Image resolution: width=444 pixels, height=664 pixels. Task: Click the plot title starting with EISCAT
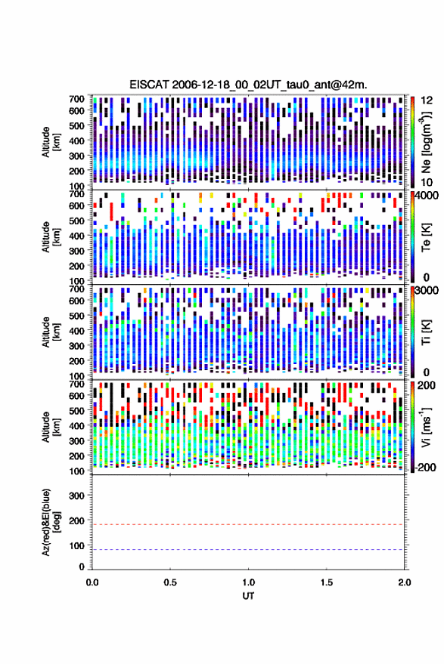click(x=248, y=85)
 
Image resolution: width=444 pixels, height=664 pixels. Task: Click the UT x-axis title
click(x=249, y=596)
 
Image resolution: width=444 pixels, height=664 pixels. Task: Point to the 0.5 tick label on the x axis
click(x=170, y=582)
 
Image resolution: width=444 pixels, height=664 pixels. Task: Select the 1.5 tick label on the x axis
click(x=327, y=582)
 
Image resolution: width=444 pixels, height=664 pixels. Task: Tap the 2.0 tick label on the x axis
click(x=405, y=582)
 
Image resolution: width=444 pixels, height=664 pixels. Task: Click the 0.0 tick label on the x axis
click(x=92, y=582)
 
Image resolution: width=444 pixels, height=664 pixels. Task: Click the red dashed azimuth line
click(x=249, y=525)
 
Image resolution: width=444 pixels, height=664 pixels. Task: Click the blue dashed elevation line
click(x=249, y=550)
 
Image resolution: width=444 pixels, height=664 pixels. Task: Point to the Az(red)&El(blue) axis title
click(x=51, y=522)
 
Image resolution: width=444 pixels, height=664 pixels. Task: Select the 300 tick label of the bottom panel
click(x=76, y=496)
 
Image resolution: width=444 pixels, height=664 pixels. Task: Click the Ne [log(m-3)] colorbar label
click(x=427, y=142)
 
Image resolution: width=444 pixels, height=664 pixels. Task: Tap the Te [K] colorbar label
click(x=426, y=237)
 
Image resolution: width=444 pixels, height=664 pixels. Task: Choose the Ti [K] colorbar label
click(x=426, y=332)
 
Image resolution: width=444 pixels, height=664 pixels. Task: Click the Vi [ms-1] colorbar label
click(x=426, y=427)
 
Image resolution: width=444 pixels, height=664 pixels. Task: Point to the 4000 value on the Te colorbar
click(x=427, y=196)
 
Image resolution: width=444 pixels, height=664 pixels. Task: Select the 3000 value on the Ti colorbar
click(x=427, y=291)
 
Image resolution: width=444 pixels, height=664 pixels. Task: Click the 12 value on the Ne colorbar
click(x=427, y=100)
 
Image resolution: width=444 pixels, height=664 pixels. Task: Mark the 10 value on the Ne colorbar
click(x=427, y=183)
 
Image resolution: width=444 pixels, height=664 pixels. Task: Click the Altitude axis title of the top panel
click(x=51, y=142)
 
